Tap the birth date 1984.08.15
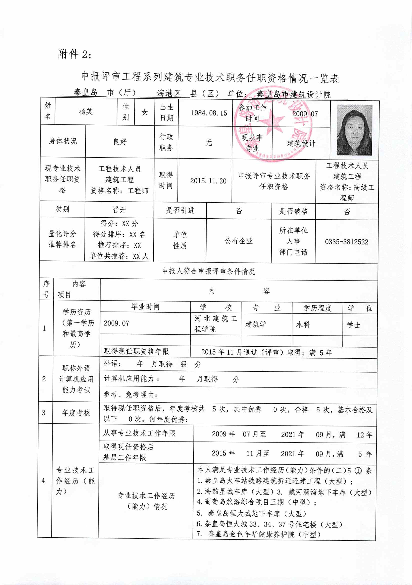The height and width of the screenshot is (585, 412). (x=209, y=113)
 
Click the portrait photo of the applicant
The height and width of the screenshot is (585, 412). (x=354, y=130)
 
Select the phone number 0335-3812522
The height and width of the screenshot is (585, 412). (x=347, y=242)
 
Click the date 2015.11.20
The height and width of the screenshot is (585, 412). (x=208, y=181)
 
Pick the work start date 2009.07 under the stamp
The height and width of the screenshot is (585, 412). (x=305, y=114)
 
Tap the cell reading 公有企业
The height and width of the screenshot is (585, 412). (x=238, y=241)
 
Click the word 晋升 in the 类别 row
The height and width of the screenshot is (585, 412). (x=119, y=210)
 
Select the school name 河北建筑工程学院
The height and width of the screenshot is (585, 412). (x=216, y=324)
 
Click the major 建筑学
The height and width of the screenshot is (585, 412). (x=256, y=324)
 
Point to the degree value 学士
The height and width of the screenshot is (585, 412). (x=353, y=325)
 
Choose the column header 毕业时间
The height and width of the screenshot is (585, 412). (x=145, y=307)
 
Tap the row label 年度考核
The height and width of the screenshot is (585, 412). (x=76, y=413)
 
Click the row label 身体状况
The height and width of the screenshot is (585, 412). (x=63, y=141)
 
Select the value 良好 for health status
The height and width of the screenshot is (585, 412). (x=120, y=142)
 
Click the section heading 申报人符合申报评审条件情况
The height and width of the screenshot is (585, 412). (x=208, y=271)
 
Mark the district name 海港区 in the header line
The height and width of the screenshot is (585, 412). (x=168, y=93)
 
